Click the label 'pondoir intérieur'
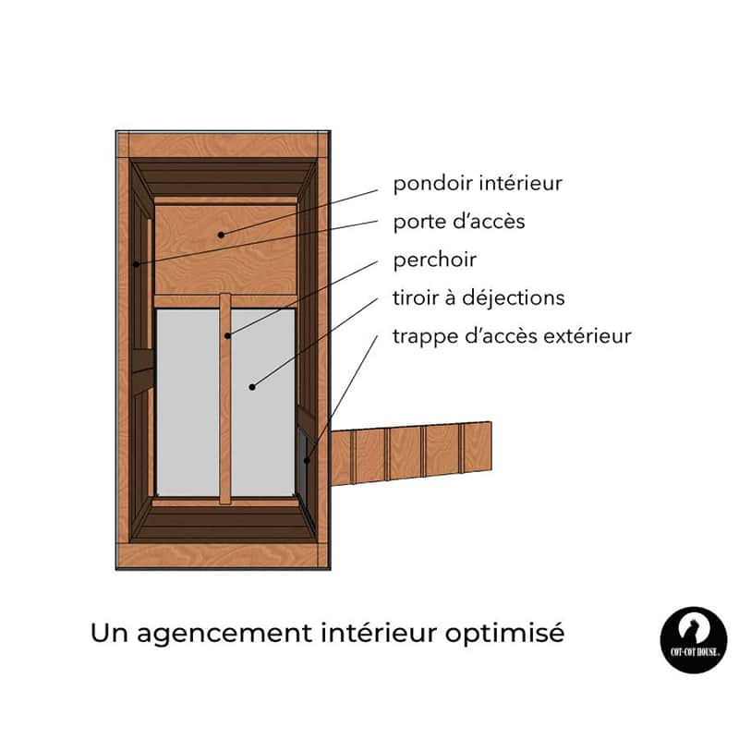coord(478,183)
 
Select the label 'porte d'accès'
coord(459,222)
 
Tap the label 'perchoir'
coord(434,260)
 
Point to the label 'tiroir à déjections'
coord(479,297)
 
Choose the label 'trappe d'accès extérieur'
coord(512,336)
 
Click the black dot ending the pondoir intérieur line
coord(221,235)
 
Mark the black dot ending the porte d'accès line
coord(136,264)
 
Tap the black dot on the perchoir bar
coord(227,335)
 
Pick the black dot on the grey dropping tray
coord(252,387)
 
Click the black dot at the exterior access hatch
coord(307,460)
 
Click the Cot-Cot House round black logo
coord(694,640)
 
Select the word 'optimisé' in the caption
coord(504,633)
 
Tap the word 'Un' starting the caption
coord(109,633)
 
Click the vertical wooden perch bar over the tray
coord(225,399)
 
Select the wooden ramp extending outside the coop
coord(410,454)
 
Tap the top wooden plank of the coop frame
coord(224,145)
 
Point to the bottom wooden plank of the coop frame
coord(223,556)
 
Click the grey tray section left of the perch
coord(188,402)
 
